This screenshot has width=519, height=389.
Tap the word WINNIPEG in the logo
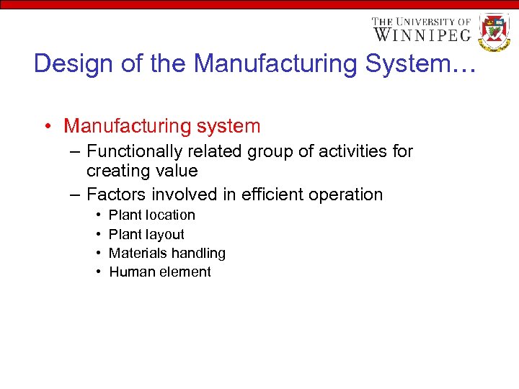tap(422, 34)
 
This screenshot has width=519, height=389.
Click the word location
tap(170, 215)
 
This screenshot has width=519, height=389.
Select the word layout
tap(165, 234)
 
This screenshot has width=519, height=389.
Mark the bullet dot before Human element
tap(97, 272)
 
